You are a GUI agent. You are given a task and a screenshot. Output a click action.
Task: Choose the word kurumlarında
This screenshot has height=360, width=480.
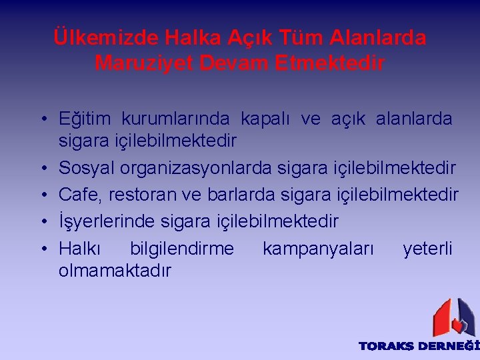click(x=175, y=120)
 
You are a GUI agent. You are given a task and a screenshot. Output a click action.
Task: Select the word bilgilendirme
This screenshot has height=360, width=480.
click(x=182, y=249)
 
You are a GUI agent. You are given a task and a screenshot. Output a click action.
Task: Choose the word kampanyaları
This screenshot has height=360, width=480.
click(x=318, y=249)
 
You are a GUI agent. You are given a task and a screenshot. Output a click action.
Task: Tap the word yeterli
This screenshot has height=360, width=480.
click(x=427, y=249)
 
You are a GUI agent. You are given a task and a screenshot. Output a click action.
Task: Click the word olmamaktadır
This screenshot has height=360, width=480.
click(x=115, y=271)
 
